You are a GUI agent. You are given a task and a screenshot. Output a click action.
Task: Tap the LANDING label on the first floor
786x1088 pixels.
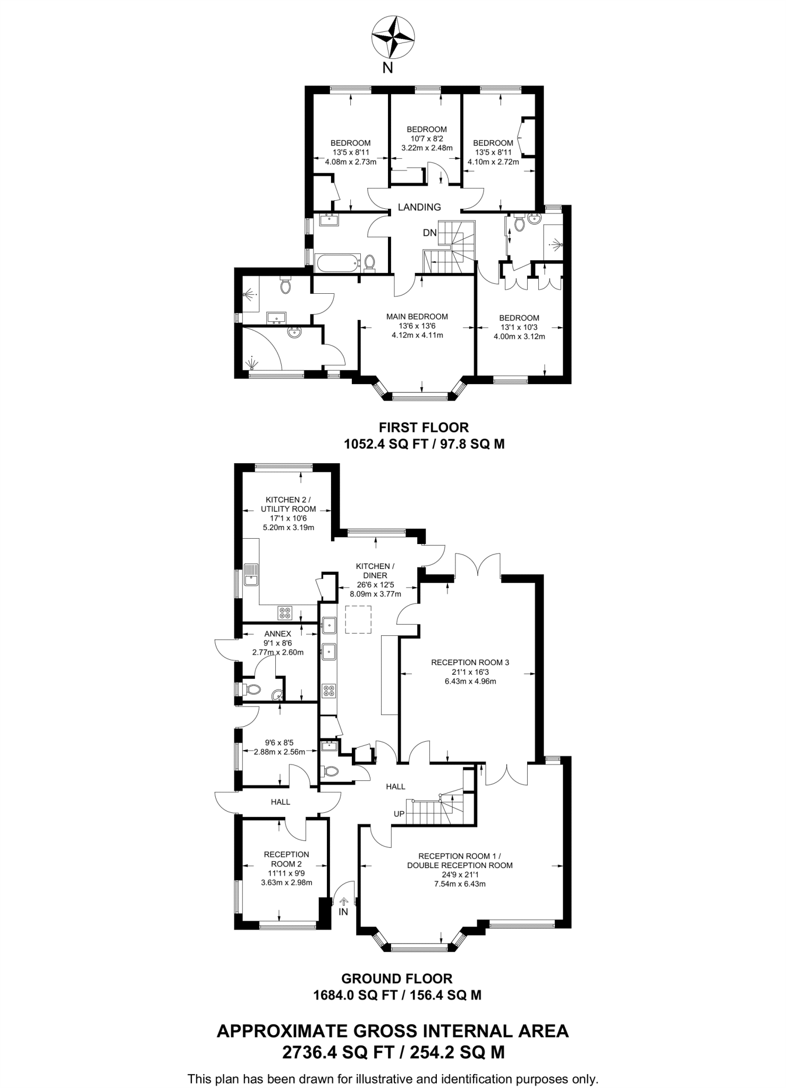click(419, 207)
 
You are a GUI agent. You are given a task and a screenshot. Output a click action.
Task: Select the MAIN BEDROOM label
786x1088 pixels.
click(417, 317)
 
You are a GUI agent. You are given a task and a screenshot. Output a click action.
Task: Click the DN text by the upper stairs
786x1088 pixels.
click(429, 233)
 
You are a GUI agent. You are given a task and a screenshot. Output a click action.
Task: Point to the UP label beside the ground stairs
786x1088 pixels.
click(399, 814)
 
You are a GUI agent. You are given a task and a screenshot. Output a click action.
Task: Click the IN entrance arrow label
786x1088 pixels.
click(343, 912)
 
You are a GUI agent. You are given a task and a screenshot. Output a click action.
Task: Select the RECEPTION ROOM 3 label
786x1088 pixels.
click(470, 662)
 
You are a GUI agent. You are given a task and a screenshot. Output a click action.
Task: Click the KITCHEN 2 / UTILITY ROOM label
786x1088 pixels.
click(288, 504)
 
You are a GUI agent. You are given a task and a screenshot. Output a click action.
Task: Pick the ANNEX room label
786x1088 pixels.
click(277, 634)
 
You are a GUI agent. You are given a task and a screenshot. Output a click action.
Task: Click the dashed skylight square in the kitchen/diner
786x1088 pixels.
click(359, 619)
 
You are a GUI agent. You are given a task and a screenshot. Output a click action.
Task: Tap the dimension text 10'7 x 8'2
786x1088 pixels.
click(426, 139)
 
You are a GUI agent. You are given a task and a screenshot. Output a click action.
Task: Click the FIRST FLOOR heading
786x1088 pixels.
click(424, 427)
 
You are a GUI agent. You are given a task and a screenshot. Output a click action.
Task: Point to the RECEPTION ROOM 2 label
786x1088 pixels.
click(286, 859)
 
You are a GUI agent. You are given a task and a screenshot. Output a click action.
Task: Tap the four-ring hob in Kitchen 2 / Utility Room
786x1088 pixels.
click(285, 613)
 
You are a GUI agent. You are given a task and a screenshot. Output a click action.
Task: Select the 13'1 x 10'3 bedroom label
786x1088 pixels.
click(519, 327)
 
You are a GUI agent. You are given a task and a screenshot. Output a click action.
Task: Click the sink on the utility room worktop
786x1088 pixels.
click(251, 574)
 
